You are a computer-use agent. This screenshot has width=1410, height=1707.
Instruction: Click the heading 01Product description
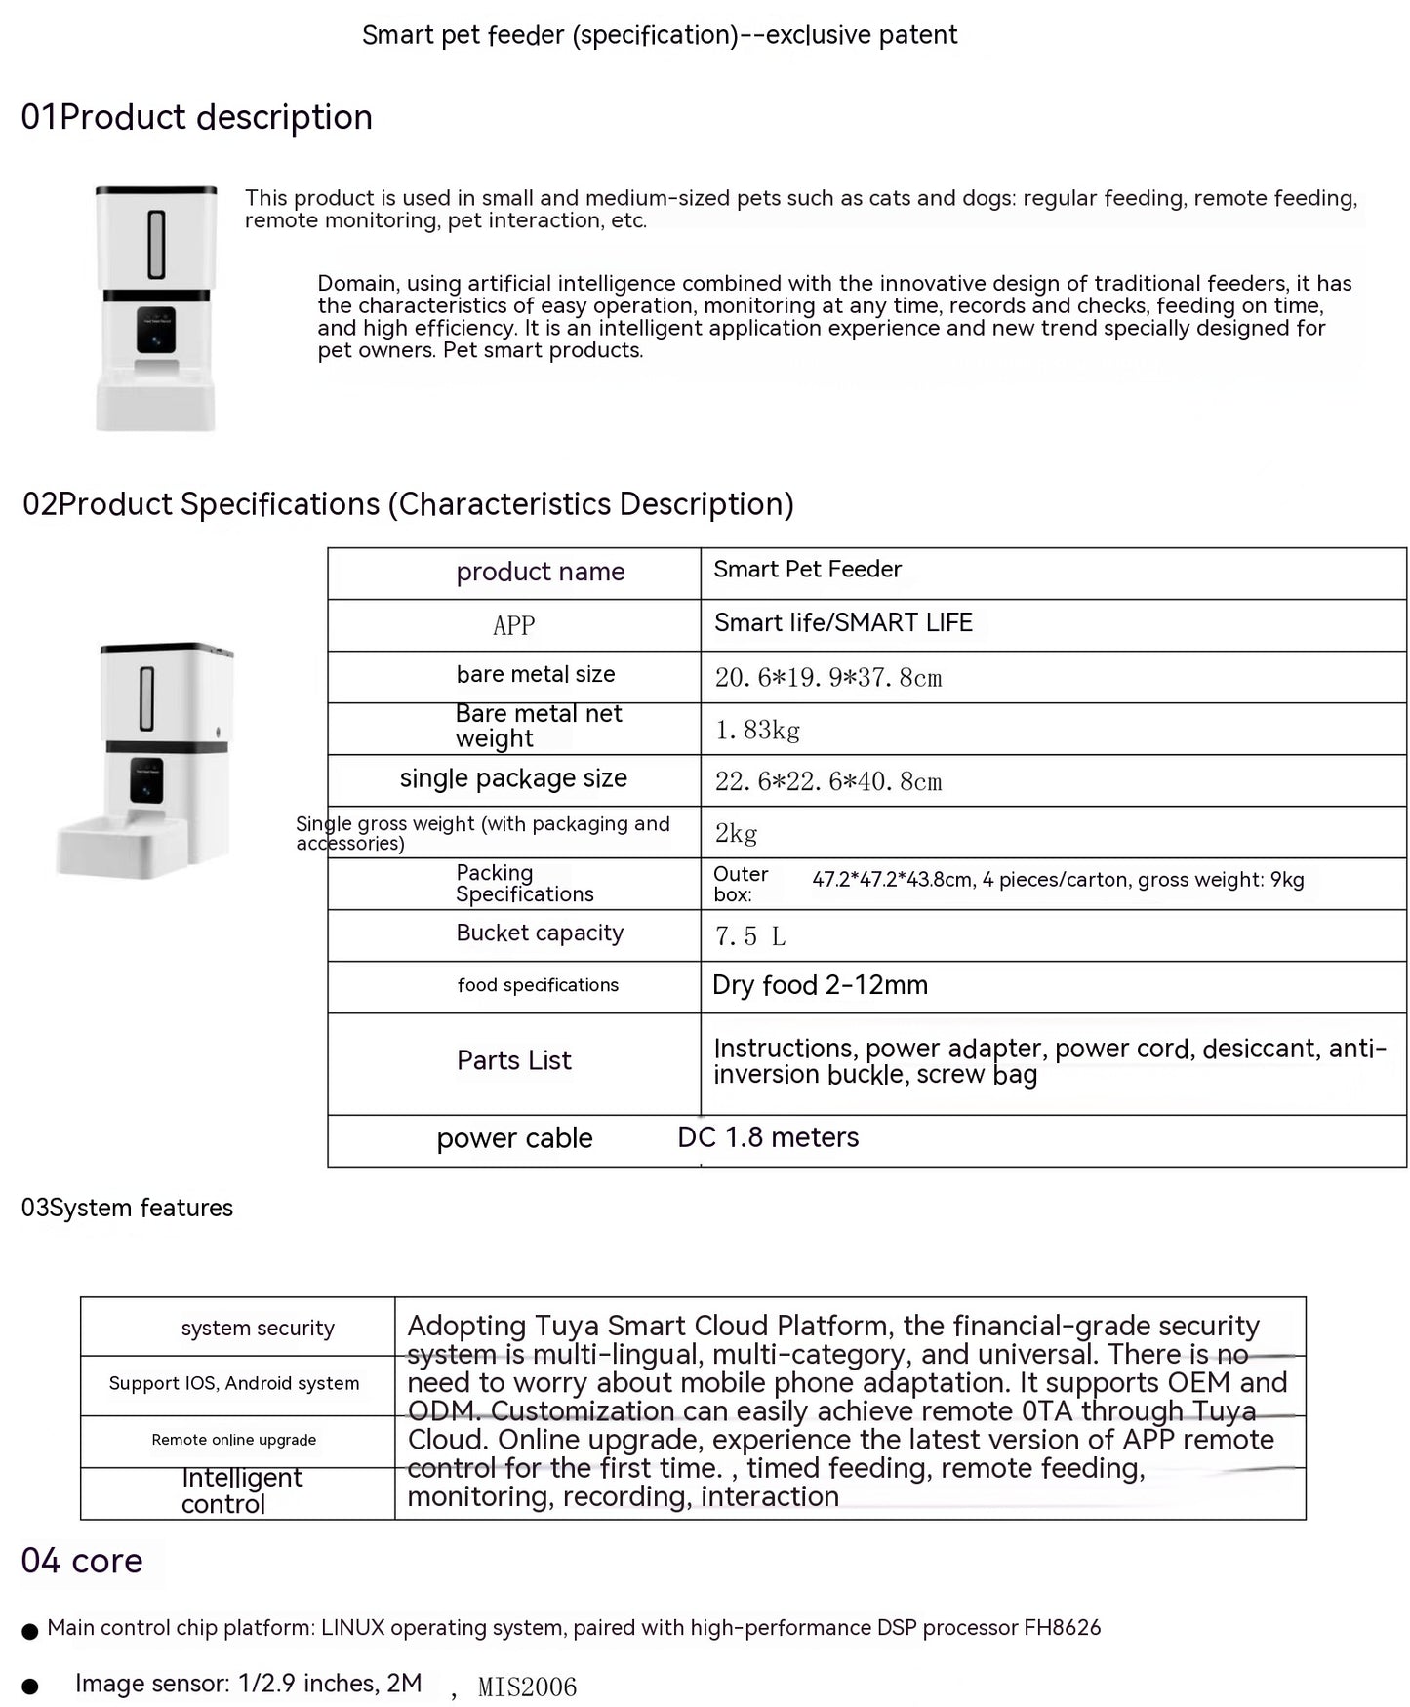(196, 117)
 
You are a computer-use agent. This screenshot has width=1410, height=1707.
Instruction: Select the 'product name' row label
(540, 572)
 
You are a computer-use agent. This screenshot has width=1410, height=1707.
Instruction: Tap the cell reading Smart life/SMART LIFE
(843, 623)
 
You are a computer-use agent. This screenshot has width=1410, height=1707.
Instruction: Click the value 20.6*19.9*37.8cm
(827, 677)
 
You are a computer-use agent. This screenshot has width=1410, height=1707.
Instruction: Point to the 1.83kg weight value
(757, 730)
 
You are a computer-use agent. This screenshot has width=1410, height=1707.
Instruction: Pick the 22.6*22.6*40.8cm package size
(827, 781)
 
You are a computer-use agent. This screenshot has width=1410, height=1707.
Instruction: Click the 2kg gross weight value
(736, 833)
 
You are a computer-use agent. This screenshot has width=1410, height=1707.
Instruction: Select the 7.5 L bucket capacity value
(749, 936)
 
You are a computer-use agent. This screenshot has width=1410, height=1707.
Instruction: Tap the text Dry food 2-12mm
(820, 985)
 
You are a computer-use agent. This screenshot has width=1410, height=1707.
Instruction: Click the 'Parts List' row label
(513, 1060)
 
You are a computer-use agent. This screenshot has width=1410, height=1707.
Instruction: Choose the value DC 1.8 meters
(768, 1137)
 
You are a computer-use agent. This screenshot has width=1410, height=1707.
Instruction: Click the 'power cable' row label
(514, 1138)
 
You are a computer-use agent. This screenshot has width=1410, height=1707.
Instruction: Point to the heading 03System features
(127, 1208)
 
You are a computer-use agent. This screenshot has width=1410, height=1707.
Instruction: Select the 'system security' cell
(258, 1328)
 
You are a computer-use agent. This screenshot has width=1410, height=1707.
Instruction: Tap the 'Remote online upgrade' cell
(234, 1440)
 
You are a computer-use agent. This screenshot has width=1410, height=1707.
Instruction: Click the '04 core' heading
(82, 1561)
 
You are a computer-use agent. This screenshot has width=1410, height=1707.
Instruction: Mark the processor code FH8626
(1062, 1627)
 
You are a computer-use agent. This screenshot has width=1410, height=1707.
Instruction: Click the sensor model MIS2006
(527, 1687)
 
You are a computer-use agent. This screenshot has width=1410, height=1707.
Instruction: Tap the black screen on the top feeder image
(156, 330)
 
